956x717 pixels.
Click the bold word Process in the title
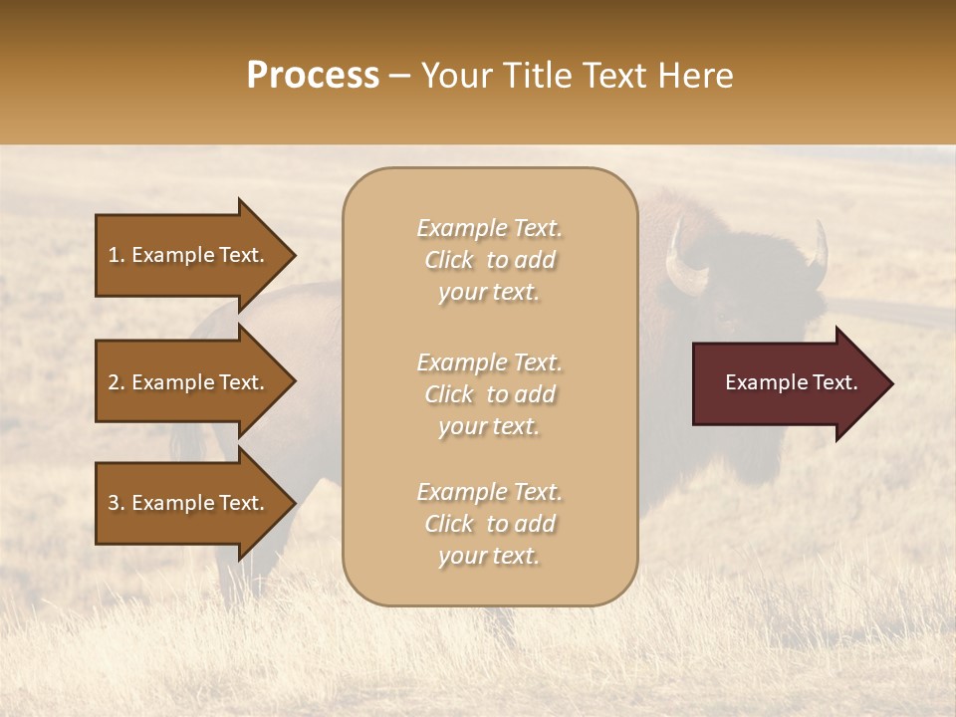(313, 76)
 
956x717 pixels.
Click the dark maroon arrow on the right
(787, 383)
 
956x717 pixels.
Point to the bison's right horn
(819, 254)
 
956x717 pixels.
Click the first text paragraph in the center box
(489, 260)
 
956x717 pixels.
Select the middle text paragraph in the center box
(489, 394)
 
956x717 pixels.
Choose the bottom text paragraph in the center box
(489, 524)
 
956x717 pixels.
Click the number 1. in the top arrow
(117, 255)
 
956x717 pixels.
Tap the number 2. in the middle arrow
(117, 382)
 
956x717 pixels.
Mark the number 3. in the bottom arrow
(117, 503)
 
